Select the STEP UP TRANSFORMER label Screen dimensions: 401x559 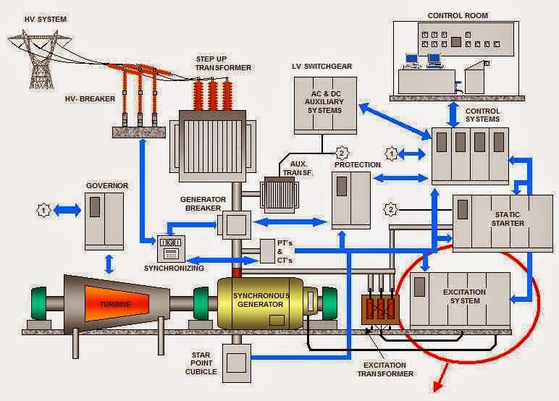click(222, 63)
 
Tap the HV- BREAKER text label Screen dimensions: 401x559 click(91, 99)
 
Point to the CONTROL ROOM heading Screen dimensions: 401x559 click(457, 15)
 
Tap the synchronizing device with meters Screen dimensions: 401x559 click(172, 248)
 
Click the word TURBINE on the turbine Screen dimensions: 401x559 click(115, 304)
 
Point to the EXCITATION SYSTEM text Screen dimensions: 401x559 click(465, 296)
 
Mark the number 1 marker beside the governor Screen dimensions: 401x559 click(43, 210)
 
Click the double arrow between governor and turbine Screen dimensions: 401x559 click(109, 262)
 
